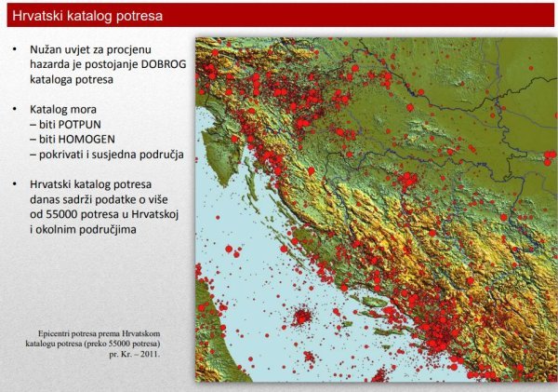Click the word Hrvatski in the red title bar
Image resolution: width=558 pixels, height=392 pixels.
point(34,16)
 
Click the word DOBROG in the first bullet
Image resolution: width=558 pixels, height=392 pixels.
point(164,64)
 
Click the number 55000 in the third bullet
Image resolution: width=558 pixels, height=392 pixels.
point(62,214)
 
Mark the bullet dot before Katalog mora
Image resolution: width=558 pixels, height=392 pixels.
point(15,109)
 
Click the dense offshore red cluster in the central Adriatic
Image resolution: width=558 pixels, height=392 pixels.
point(301,317)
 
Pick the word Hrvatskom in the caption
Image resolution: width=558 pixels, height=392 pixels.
point(141,334)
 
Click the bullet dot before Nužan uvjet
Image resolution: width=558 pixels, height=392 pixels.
point(15,48)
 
